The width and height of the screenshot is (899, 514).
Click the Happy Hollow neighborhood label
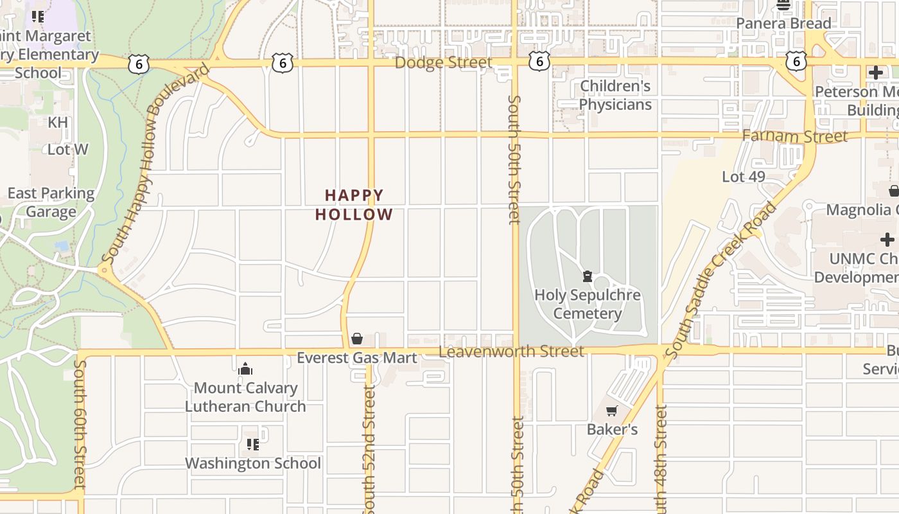tap(354, 204)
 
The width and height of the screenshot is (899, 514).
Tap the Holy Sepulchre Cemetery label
tap(588, 304)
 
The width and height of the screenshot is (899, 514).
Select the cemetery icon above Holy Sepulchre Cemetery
tap(587, 277)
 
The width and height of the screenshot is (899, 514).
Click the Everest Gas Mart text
tap(357, 358)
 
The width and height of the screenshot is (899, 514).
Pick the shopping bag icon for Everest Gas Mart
tap(357, 339)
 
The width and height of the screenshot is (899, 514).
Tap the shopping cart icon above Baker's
tap(612, 411)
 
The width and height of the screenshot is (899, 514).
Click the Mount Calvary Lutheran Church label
tap(245, 397)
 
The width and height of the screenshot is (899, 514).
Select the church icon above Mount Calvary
tap(245, 369)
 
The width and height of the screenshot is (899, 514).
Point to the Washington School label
tap(253, 463)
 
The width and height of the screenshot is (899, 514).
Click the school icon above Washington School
tap(253, 444)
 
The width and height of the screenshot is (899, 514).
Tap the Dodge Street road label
tap(443, 62)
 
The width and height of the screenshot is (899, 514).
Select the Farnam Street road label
tap(795, 136)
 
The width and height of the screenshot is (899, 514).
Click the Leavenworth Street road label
tap(511, 351)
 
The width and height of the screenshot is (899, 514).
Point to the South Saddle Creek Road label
tap(721, 280)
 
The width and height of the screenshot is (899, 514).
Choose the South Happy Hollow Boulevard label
tap(155, 164)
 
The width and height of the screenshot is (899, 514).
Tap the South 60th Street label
tap(80, 424)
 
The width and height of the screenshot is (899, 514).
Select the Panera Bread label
tap(783, 23)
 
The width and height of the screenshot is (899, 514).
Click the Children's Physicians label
tap(615, 95)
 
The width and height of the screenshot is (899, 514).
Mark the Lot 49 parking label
tap(744, 177)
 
